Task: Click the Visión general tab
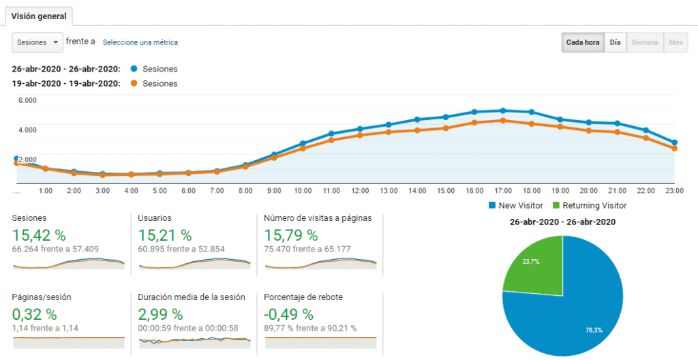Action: click(x=39, y=16)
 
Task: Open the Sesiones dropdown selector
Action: click(x=37, y=42)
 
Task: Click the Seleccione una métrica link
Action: click(x=140, y=42)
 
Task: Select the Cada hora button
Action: click(x=583, y=42)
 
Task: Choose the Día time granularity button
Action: click(x=616, y=42)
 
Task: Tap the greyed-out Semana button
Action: click(x=645, y=42)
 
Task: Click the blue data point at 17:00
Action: click(x=503, y=110)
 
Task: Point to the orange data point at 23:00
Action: click(x=674, y=149)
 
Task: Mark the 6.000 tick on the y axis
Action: click(x=27, y=100)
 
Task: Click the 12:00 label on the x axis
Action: click(x=360, y=191)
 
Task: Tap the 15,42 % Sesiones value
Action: click(x=39, y=235)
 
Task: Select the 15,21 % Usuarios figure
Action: click(x=165, y=235)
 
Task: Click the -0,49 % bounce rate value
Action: click(x=288, y=314)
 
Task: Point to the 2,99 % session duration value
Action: click(x=160, y=314)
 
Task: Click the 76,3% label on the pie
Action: click(x=594, y=330)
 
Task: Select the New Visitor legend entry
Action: click(x=516, y=205)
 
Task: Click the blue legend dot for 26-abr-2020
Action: click(x=134, y=69)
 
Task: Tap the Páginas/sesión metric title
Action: click(x=42, y=297)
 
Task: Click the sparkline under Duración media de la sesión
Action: click(x=194, y=341)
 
